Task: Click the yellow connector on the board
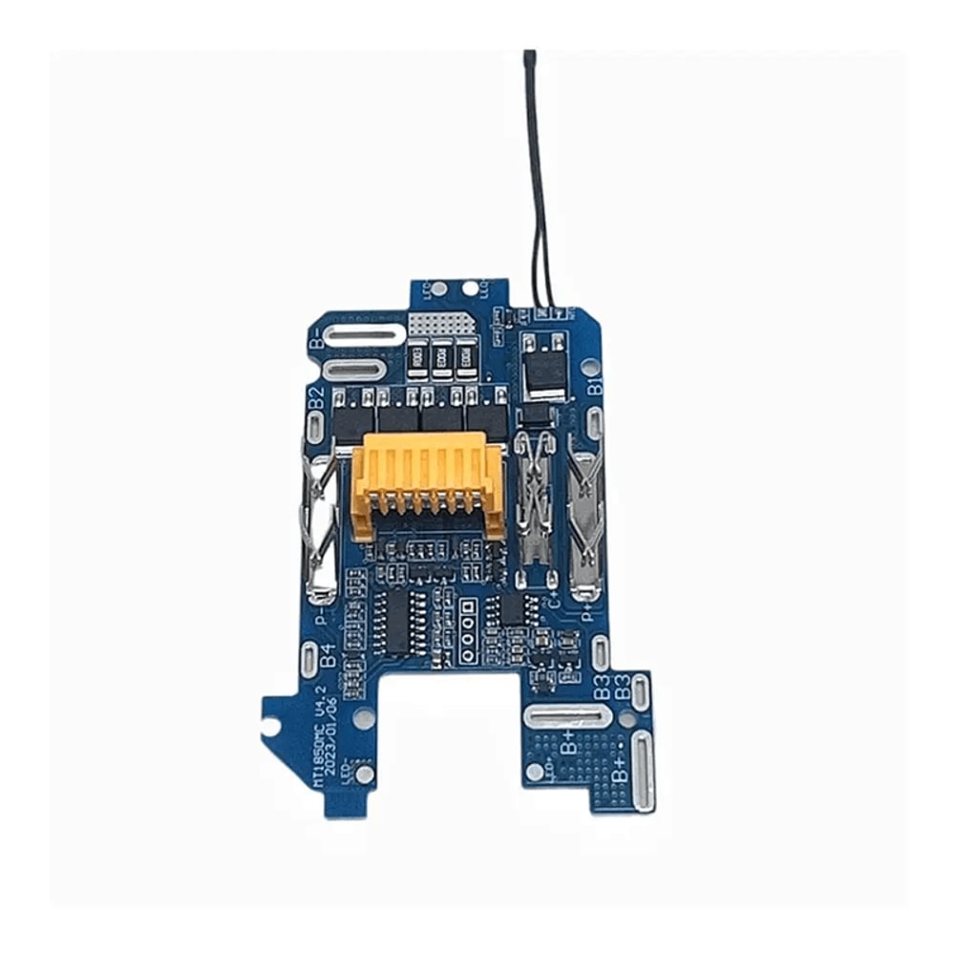pyautogui.click(x=427, y=482)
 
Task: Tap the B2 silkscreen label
pyautogui.click(x=317, y=397)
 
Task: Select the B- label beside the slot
pyautogui.click(x=316, y=335)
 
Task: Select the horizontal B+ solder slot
pyautogui.click(x=565, y=718)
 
